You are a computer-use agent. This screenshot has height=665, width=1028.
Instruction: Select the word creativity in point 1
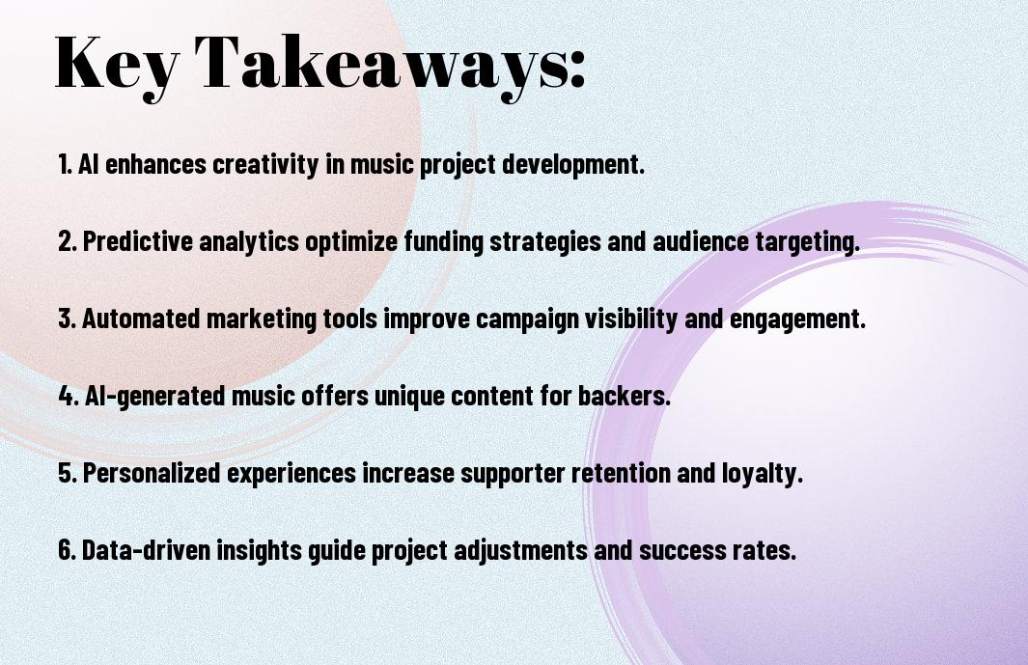[x=266, y=164]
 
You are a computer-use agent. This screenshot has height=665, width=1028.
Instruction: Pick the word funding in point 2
[x=444, y=241]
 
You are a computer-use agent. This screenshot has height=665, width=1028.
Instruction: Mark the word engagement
[x=798, y=319]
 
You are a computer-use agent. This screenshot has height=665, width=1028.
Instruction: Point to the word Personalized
[x=152, y=473]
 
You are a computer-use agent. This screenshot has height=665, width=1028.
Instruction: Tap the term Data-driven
[x=146, y=549]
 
